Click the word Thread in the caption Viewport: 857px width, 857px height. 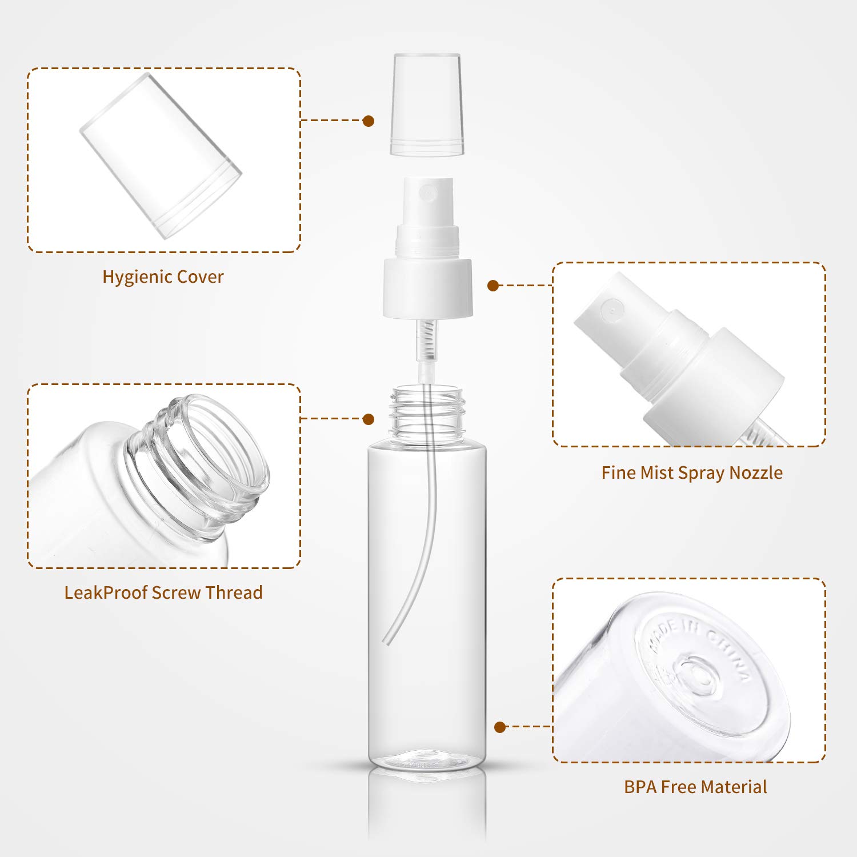pyautogui.click(x=234, y=592)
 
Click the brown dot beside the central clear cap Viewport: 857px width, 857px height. pyautogui.click(x=369, y=121)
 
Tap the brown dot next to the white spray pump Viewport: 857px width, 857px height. pyautogui.click(x=493, y=285)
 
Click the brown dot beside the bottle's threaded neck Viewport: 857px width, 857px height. pyautogui.click(x=369, y=419)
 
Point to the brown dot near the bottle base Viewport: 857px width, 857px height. pyautogui.click(x=500, y=727)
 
